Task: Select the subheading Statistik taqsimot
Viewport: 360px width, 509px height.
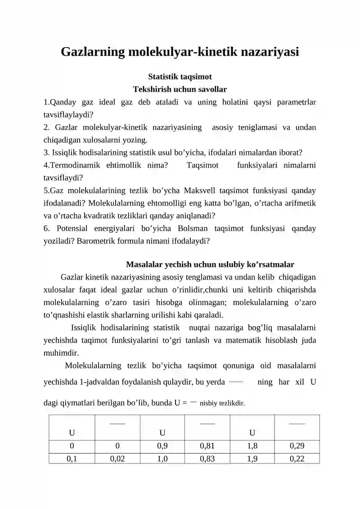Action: pos(180,77)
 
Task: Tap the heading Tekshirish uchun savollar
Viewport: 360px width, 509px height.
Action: pos(180,89)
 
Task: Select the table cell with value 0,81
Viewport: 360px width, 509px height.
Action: pos(207,446)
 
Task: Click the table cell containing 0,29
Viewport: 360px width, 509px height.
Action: pos(297,446)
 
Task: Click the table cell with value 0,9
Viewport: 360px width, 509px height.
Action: pos(162,446)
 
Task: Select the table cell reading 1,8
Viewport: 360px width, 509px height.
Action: pos(252,446)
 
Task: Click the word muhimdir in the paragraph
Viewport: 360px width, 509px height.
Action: pos(62,353)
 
